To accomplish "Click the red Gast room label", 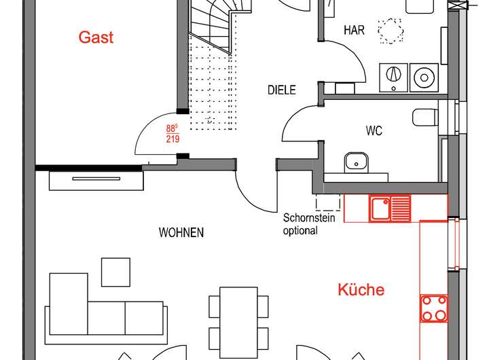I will [x=96, y=37].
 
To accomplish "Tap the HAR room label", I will [x=355, y=30].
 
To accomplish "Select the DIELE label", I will [x=281, y=90].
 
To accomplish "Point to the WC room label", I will [x=374, y=131].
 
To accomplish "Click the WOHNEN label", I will [x=181, y=233].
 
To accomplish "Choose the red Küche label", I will [x=361, y=290].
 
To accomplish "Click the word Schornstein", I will [x=310, y=219].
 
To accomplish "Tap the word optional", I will [x=300, y=231].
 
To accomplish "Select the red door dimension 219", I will [x=173, y=139].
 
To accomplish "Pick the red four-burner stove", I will [x=434, y=307].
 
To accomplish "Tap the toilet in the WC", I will [x=425, y=117].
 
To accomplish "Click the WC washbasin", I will [x=355, y=162].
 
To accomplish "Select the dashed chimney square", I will [x=327, y=202].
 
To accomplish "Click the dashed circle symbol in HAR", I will [x=390, y=31].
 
